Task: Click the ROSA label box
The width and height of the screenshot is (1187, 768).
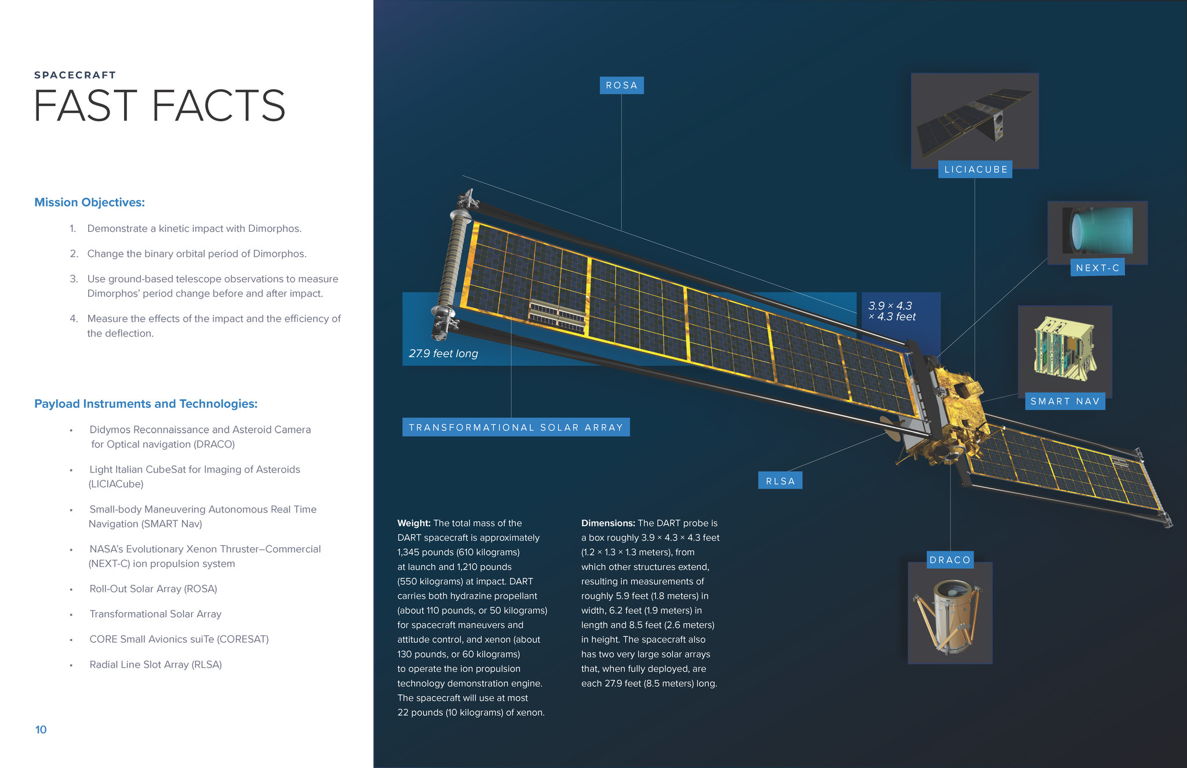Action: click(x=621, y=85)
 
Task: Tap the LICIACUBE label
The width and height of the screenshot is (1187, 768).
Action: click(x=975, y=169)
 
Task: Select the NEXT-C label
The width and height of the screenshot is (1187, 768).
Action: click(x=1097, y=267)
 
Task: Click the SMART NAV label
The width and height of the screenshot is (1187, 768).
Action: click(x=1065, y=401)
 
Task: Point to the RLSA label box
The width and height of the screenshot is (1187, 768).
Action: click(x=780, y=481)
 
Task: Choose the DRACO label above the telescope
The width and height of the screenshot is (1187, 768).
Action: click(x=950, y=560)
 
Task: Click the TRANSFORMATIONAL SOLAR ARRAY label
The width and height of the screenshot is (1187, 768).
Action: click(x=516, y=427)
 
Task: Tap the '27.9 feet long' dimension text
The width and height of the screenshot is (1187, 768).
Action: click(x=443, y=354)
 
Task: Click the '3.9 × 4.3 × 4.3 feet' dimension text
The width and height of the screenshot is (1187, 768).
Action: click(x=892, y=311)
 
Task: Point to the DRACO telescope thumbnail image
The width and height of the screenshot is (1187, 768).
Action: click(x=950, y=613)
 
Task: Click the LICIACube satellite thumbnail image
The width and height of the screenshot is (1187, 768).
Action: click(x=975, y=121)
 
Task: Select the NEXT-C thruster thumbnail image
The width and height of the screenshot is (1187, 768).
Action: click(x=1097, y=232)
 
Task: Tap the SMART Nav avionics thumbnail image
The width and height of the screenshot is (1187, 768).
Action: click(x=1065, y=351)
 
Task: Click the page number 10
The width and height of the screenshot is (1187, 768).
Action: click(x=41, y=730)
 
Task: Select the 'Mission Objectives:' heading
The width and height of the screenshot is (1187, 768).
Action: click(x=89, y=202)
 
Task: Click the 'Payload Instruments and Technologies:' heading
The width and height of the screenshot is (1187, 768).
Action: click(x=145, y=404)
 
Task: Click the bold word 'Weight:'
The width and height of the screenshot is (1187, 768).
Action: click(x=414, y=523)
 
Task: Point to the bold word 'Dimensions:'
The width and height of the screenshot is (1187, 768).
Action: click(x=608, y=523)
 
